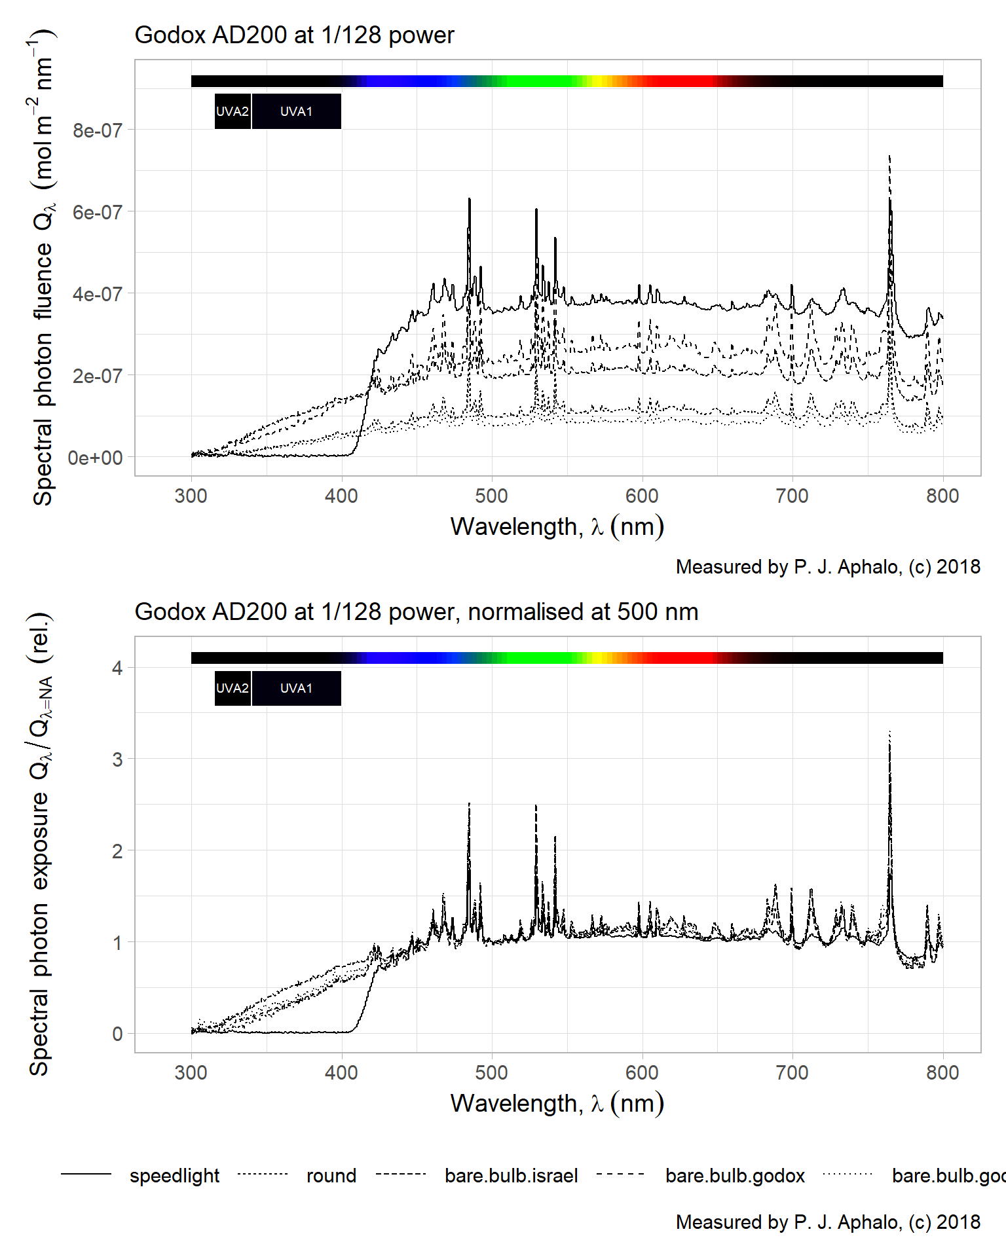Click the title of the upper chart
(x=294, y=35)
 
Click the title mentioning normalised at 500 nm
(x=416, y=612)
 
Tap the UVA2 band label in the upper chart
(x=233, y=112)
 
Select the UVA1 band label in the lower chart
(x=296, y=689)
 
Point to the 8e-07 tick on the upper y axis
(x=98, y=131)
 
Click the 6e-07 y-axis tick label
(x=98, y=213)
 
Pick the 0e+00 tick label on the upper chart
(x=96, y=458)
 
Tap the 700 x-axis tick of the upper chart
(x=792, y=496)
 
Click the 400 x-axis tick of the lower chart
(x=341, y=1073)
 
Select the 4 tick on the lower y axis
(x=117, y=668)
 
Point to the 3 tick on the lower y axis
(x=117, y=760)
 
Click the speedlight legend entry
(x=174, y=1176)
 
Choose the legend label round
(x=331, y=1176)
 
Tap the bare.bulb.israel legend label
(x=511, y=1176)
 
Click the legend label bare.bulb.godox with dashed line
(x=735, y=1176)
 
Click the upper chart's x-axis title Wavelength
(x=557, y=527)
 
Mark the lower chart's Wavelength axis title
(x=557, y=1104)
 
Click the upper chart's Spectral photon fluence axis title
(x=44, y=268)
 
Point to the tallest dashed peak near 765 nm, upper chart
(x=889, y=157)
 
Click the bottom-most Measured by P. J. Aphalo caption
(x=828, y=1222)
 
